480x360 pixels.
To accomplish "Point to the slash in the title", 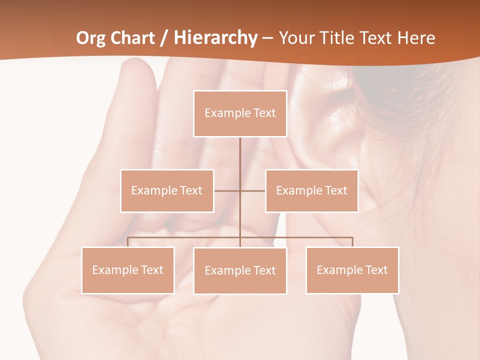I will coord(164,38).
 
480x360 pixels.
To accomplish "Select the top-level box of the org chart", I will coord(240,113).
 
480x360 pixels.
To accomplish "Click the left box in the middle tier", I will coord(167,190).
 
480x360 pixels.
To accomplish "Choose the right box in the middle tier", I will coord(311,190).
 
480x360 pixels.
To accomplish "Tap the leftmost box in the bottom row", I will coord(128,270).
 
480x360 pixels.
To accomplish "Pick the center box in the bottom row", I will coord(240,270).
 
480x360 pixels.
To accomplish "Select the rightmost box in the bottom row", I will coord(352,270).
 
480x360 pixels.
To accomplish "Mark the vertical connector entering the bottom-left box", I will coord(128,242).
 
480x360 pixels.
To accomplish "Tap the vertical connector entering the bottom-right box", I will coord(352,242).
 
